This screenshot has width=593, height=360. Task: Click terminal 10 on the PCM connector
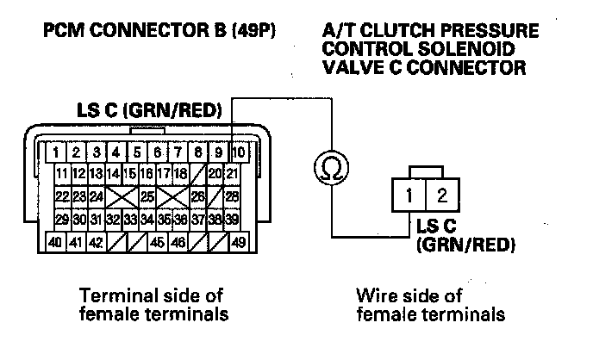pyautogui.click(x=240, y=153)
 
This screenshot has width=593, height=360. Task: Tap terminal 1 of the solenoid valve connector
pyautogui.click(x=410, y=196)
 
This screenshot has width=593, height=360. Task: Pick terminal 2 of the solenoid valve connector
pyautogui.click(x=441, y=196)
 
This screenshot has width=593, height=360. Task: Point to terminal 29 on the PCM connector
pyautogui.click(x=62, y=220)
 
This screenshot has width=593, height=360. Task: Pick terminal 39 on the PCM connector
pyautogui.click(x=232, y=220)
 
